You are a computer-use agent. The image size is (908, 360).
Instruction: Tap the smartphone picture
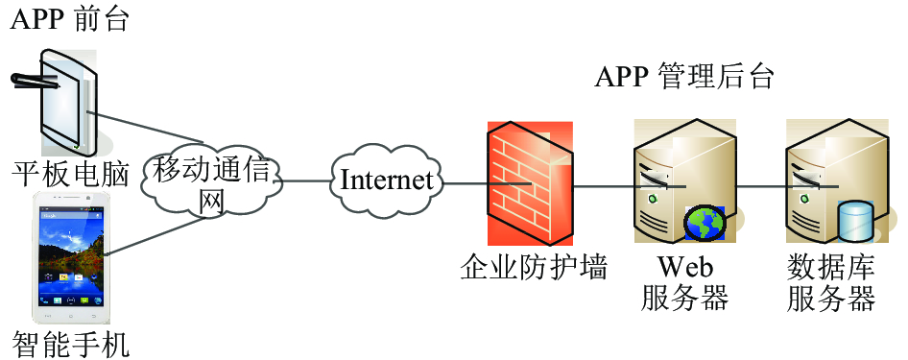pos(71,257)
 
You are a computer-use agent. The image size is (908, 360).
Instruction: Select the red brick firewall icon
pos(530,184)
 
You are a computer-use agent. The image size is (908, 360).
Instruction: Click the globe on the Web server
pos(705,223)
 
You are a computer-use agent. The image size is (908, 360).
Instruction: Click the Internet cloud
pos(386,180)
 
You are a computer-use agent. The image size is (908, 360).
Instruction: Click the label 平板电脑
pos(71,176)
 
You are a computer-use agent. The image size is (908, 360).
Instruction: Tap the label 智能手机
pos(71,345)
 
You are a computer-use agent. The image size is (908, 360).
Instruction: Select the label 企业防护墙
pos(534,269)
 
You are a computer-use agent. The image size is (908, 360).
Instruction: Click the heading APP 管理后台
pos(684,77)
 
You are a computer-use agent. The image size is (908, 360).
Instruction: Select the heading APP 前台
pos(69,19)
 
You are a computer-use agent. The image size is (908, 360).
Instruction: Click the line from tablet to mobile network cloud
pos(145,126)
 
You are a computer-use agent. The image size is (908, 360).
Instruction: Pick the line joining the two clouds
pos(306,180)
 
